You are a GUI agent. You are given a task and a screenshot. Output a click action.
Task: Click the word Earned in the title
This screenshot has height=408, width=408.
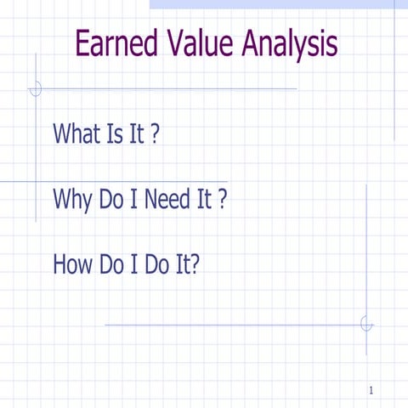point(116,43)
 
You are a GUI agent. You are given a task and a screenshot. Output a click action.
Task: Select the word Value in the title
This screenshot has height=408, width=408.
point(200,43)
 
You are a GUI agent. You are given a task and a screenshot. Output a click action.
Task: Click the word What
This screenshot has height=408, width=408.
point(76,133)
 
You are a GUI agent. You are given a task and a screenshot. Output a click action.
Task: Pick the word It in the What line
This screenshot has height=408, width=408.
point(137,133)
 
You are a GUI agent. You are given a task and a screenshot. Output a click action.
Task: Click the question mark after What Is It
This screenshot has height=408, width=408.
point(155,133)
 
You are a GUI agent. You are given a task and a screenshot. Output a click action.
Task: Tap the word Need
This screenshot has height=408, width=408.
point(167,200)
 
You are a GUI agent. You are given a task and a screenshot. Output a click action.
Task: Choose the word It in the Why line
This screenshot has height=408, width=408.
point(204,200)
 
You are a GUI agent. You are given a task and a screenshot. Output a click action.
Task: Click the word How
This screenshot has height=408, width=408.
point(74,264)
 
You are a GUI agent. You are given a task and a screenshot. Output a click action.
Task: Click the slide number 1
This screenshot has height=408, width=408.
point(372,390)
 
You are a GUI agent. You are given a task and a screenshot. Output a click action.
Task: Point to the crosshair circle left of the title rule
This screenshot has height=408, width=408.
point(36,88)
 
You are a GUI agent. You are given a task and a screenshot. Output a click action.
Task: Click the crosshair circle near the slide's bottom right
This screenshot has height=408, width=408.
point(366,324)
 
